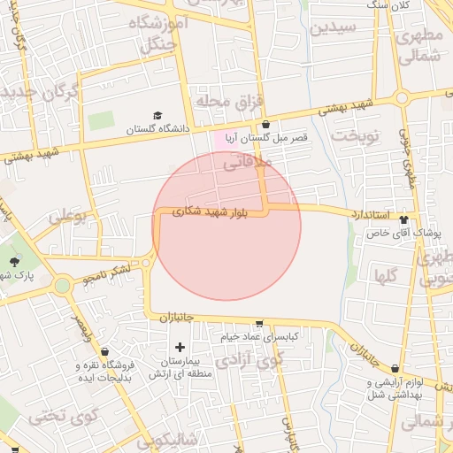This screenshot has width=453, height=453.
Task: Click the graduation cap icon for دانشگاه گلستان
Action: pyautogui.click(x=157, y=115)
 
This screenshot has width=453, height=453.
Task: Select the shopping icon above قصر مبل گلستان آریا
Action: pyautogui.click(x=265, y=125)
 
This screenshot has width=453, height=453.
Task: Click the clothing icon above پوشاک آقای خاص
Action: pyautogui.click(x=404, y=219)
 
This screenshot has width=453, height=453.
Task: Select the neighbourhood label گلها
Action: pyautogui.click(x=386, y=274)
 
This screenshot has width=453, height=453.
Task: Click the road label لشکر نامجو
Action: pyautogui.click(x=108, y=273)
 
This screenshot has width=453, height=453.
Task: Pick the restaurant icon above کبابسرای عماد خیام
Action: pyautogui.click(x=258, y=324)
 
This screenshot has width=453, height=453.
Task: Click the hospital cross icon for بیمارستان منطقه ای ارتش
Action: pyautogui.click(x=180, y=346)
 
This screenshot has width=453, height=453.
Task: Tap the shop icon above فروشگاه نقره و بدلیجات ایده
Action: pyautogui.click(x=105, y=352)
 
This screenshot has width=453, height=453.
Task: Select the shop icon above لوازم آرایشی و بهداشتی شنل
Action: pyautogui.click(x=395, y=369)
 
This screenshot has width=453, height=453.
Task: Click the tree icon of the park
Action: pyautogui.click(x=14, y=261)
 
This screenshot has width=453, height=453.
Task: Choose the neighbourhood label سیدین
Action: pyautogui.click(x=334, y=27)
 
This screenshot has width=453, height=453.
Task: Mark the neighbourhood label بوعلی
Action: pyautogui.click(x=68, y=216)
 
